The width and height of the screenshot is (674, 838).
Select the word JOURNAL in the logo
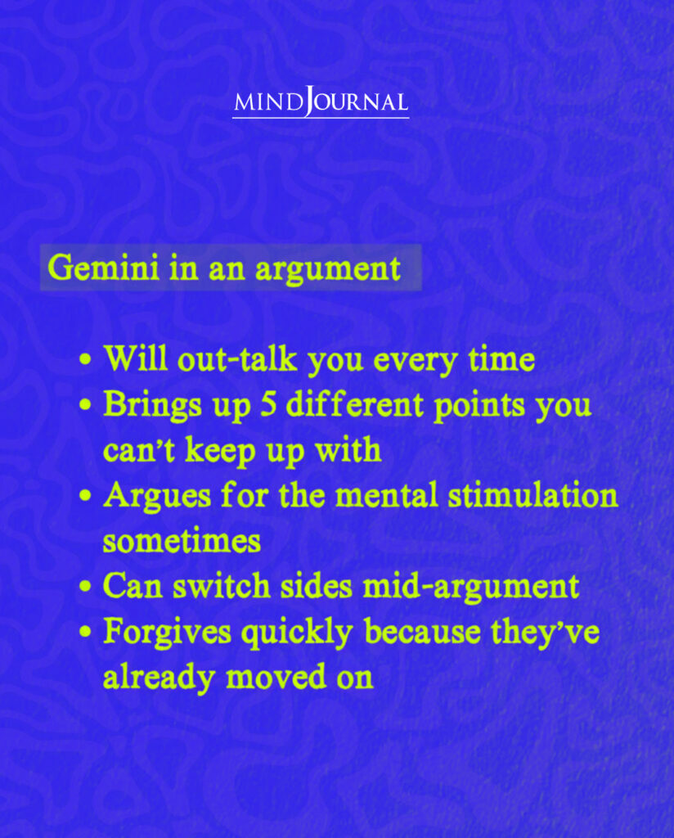click(x=357, y=103)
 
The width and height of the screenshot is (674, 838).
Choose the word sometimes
click(x=182, y=541)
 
